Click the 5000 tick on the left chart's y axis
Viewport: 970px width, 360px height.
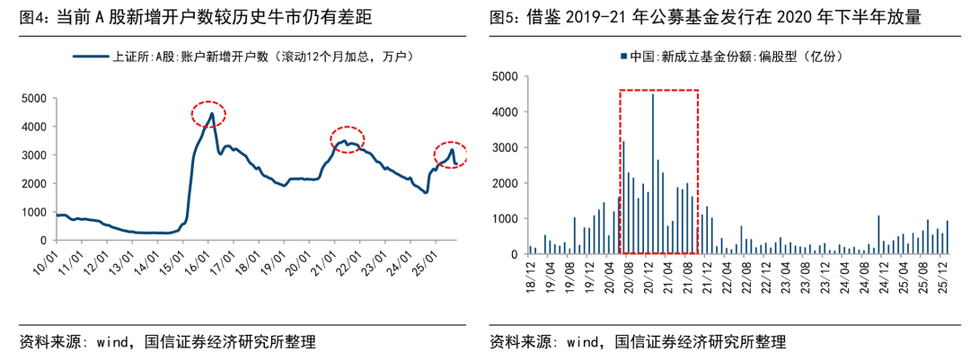tap(34, 98)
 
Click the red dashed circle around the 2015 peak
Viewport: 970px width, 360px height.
tap(207, 114)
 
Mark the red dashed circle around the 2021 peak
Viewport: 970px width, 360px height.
tap(348, 139)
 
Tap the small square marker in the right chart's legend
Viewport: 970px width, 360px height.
tap(622, 57)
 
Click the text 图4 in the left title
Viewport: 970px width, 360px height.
tap(34, 17)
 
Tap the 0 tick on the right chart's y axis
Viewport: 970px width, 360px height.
tap(515, 254)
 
